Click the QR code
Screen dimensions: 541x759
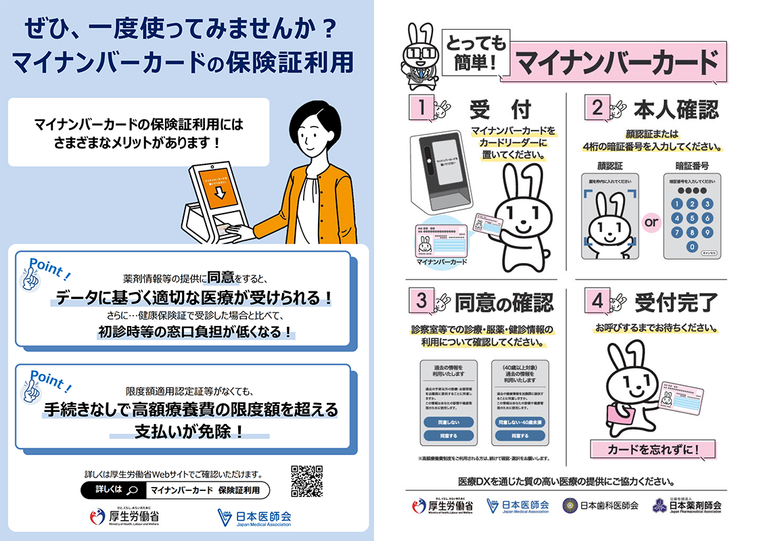(x=306, y=481)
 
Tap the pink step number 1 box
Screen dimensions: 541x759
(x=421, y=108)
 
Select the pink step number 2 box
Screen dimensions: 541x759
(x=597, y=108)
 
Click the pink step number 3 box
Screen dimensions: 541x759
(x=421, y=302)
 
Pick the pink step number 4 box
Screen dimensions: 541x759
(x=597, y=302)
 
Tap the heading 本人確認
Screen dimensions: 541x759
(x=675, y=109)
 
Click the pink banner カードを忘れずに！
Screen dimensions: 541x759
(x=653, y=449)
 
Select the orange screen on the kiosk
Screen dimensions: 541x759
(x=218, y=186)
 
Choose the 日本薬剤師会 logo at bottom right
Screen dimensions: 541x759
(x=686, y=505)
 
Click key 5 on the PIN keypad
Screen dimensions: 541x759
(x=691, y=218)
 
